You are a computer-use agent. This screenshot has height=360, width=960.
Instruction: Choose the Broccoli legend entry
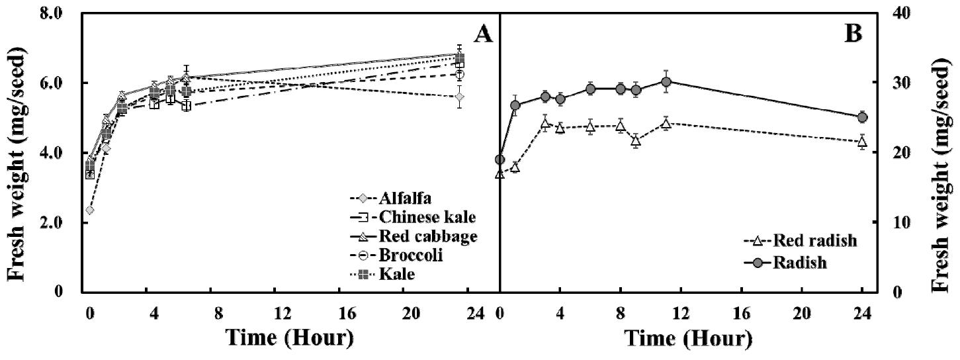403,255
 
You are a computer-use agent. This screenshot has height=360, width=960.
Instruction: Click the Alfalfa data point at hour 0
89,210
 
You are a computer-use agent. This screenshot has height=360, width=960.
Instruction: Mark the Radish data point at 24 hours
862,117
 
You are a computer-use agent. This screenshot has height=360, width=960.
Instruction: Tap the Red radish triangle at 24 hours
862,142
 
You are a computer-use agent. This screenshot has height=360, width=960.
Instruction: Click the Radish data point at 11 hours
666,82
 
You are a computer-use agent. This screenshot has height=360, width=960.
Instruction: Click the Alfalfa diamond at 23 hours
460,97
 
